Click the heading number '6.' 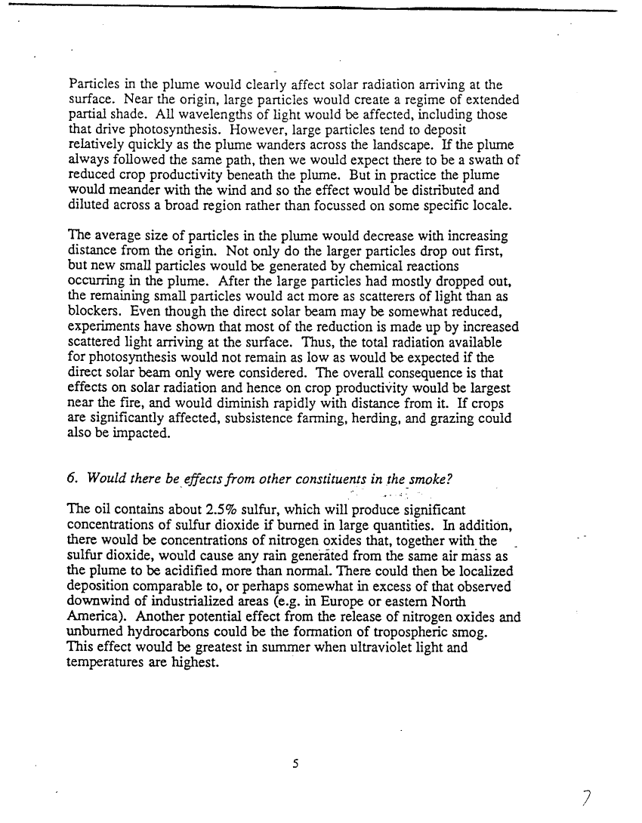(x=73, y=478)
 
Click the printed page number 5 (x=296, y=763)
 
